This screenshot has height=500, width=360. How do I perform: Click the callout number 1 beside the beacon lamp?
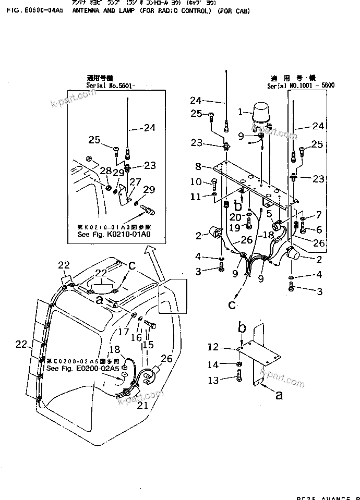241,111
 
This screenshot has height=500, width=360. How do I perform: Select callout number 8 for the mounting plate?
198,167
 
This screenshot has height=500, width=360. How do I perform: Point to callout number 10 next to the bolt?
196,181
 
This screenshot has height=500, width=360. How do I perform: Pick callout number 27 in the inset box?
135,182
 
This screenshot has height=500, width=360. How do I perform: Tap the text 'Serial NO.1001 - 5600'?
301,84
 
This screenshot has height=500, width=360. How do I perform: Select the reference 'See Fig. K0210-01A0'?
113,235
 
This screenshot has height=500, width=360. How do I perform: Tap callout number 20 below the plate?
235,216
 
